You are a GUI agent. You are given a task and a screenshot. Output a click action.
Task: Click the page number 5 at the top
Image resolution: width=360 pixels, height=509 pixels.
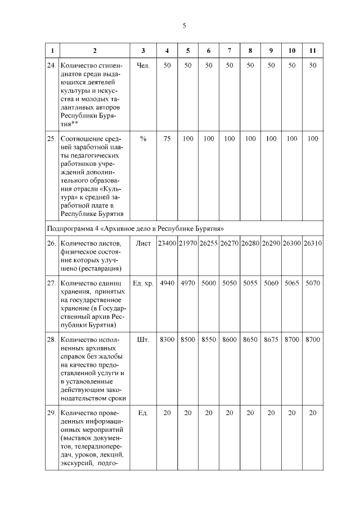184,25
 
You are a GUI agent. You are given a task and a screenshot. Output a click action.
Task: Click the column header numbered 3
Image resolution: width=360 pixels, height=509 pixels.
143,51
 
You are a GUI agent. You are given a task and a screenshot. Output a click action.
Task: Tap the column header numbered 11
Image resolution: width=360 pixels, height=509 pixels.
313,51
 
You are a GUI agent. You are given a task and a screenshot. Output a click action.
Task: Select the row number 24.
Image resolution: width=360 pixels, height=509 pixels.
51,66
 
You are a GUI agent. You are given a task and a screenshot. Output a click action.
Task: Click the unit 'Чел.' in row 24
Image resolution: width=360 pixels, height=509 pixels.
143,66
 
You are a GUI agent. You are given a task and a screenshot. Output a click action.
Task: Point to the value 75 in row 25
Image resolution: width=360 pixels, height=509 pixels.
167,138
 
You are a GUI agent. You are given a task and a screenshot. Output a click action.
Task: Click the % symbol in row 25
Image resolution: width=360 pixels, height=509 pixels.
143,138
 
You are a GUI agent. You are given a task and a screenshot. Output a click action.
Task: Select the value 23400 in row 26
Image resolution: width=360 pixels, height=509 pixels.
167,244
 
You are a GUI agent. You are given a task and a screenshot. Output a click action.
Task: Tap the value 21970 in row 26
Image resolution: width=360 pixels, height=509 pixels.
188,244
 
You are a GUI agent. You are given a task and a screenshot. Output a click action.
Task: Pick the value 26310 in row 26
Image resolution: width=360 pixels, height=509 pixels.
313,244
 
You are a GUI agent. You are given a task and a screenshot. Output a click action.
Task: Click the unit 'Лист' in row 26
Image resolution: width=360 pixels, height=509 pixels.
143,244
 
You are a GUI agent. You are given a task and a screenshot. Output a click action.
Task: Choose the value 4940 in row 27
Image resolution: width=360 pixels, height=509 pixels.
167,283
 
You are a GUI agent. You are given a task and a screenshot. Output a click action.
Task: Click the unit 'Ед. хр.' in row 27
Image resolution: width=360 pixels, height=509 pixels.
143,283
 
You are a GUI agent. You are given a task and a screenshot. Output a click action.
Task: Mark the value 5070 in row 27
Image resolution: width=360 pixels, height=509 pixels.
313,283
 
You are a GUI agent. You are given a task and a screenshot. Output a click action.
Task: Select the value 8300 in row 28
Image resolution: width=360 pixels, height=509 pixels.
167,340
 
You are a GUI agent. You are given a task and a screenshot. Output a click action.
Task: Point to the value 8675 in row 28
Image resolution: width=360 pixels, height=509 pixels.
271,340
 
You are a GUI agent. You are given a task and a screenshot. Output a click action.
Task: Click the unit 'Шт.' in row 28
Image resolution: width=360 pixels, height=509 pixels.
143,340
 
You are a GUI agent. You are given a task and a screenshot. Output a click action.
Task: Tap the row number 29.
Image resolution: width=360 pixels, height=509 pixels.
51,413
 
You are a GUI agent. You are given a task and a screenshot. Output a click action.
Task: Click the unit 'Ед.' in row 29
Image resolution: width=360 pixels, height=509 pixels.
143,413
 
